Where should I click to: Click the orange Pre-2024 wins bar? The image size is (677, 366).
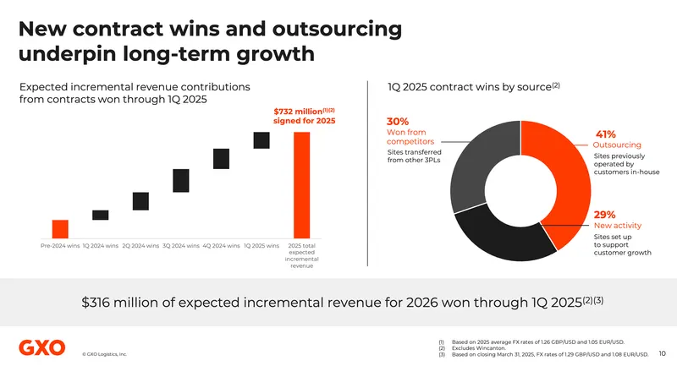60,229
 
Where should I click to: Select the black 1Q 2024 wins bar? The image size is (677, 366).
100,215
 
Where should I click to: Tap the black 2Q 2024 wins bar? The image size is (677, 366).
140,200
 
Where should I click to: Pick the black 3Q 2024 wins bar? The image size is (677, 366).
181,180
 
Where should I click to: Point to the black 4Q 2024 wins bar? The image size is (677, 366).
221,159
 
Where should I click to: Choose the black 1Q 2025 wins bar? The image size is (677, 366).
261,140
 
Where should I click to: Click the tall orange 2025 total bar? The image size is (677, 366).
302,185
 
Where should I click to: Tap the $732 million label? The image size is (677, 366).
294,111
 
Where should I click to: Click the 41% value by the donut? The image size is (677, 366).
605,134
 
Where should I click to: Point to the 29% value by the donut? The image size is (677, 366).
604,215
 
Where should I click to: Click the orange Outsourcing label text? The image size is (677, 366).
618,145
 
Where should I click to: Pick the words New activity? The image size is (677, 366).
617,226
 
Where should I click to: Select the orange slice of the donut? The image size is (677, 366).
563,169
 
